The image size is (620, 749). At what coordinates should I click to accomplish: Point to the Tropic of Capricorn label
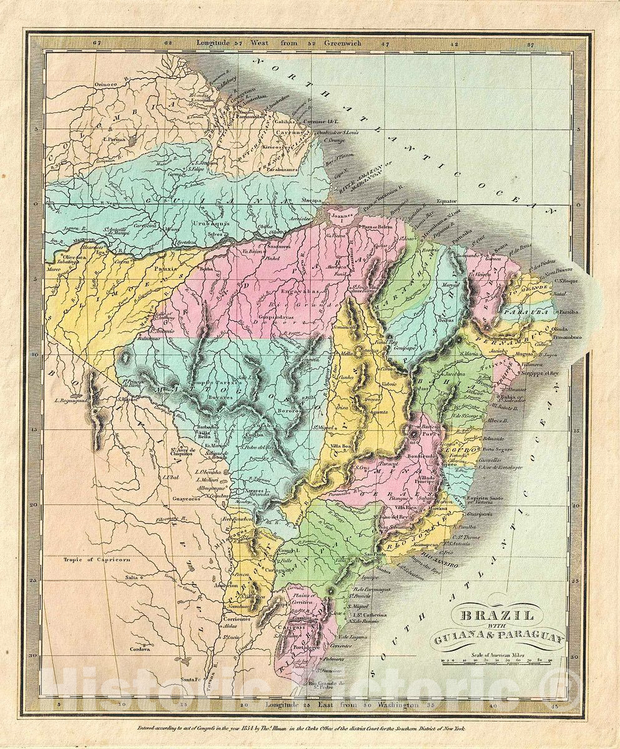(97, 560)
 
